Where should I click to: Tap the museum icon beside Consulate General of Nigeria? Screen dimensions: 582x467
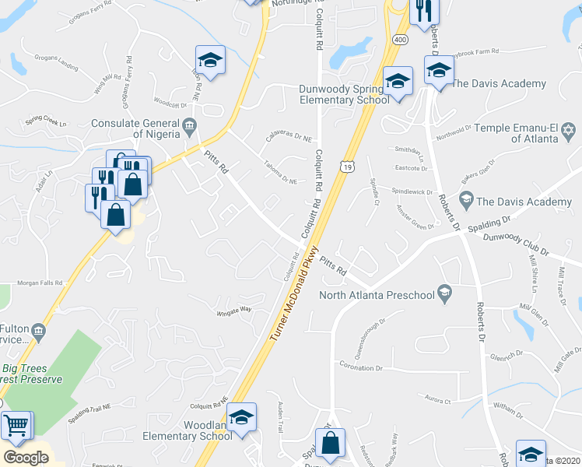(x=189, y=125)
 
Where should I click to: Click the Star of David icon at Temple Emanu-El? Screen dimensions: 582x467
(x=568, y=128)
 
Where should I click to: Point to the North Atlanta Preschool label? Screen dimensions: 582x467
(x=377, y=295)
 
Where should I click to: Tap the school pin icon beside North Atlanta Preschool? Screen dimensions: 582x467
(x=444, y=293)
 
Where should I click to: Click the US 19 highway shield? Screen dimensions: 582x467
(x=346, y=165)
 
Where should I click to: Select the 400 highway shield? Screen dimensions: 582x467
(x=399, y=39)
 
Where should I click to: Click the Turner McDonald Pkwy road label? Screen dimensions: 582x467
(x=295, y=293)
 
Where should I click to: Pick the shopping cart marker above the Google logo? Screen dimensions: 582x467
(x=16, y=426)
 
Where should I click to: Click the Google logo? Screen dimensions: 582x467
(x=26, y=458)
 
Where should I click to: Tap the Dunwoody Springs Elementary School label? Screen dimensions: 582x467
(x=345, y=94)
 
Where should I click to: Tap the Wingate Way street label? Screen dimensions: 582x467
(x=234, y=309)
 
